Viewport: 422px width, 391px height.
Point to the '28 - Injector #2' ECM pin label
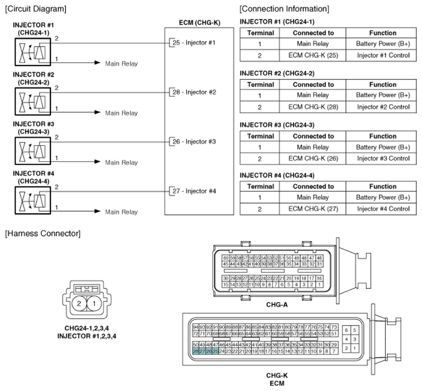click(x=194, y=92)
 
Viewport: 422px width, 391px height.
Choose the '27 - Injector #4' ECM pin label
click(x=194, y=191)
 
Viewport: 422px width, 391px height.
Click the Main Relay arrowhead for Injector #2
click(x=98, y=113)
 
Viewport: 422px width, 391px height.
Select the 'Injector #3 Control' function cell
click(x=383, y=159)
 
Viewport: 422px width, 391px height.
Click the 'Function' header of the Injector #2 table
click(x=383, y=85)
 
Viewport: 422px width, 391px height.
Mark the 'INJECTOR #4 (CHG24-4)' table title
click(x=277, y=175)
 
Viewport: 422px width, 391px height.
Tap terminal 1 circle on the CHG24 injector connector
click(x=95, y=305)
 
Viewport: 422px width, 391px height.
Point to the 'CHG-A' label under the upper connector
click(x=276, y=305)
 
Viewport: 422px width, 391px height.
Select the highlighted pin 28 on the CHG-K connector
click(x=196, y=352)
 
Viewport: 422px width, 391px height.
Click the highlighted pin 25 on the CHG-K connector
click(x=215, y=352)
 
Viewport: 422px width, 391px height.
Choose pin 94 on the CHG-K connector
click(x=196, y=327)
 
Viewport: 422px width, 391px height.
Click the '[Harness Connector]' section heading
click(x=43, y=233)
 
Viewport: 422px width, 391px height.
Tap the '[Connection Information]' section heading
click(x=284, y=9)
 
